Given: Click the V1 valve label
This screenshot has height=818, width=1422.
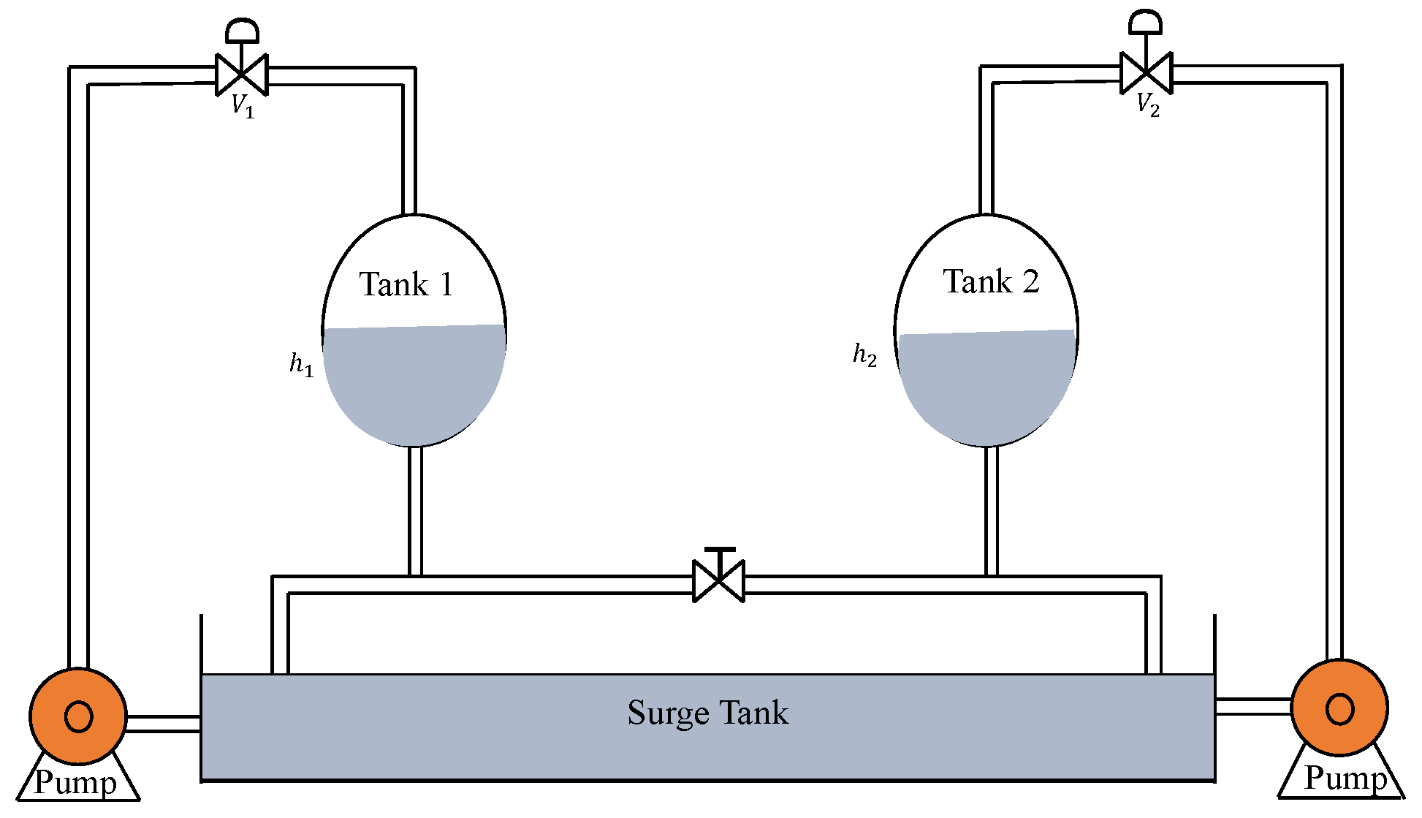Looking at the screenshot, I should [243, 107].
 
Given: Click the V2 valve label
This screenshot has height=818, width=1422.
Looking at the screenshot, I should [1147, 105].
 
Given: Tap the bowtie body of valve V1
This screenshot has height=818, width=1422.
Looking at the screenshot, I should [242, 75].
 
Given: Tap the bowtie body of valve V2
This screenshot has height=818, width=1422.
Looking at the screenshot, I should [1147, 73].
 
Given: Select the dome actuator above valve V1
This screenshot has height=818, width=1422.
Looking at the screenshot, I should [242, 31].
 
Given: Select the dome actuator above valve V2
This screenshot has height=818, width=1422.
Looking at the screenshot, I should [1145, 22].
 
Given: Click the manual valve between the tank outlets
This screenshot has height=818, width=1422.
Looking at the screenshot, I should [718, 581].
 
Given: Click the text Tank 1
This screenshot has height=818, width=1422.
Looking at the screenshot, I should [406, 284].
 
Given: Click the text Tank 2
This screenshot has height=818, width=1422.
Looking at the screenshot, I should [991, 281].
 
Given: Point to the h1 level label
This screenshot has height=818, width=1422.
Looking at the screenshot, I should [301, 364].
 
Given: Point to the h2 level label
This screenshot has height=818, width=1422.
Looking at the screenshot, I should [864, 355].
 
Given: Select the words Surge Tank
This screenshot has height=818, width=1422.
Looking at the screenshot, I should [707, 713].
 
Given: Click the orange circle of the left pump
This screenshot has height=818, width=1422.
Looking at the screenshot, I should [78, 716].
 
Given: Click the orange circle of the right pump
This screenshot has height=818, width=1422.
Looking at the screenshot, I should [1339, 708].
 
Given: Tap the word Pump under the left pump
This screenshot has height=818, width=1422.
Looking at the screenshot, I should [75, 783].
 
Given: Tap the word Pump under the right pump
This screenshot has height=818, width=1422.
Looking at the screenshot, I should [1345, 779].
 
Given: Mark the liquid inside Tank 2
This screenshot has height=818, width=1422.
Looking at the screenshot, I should [986, 387].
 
